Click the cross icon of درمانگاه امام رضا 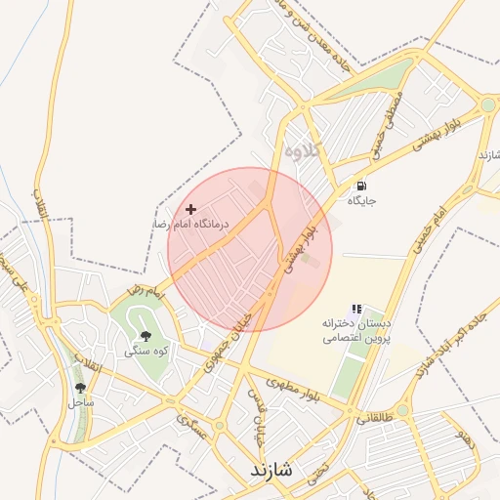click(x=190, y=209)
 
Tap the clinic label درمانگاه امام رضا click(x=189, y=225)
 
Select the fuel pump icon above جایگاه click(x=361, y=186)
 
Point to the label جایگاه click(x=361, y=201)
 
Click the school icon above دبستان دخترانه click(x=356, y=308)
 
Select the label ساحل click(x=80, y=401)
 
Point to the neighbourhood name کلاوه click(x=304, y=152)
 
